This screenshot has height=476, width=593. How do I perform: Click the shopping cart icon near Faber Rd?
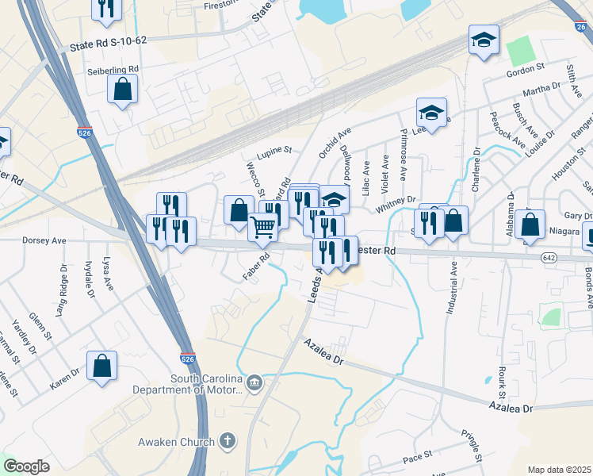click(263, 226)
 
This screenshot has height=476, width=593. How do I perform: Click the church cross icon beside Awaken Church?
click(228, 440)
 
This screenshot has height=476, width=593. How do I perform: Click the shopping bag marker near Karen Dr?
click(101, 367)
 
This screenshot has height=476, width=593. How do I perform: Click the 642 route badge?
click(549, 259)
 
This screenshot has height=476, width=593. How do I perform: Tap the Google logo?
click(26, 466)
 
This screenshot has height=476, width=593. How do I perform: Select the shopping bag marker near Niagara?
click(530, 223)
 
